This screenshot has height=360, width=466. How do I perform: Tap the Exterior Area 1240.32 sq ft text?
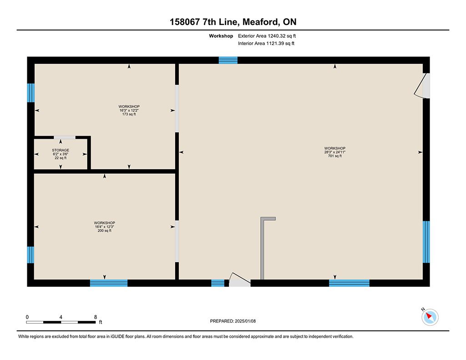tap(267, 36)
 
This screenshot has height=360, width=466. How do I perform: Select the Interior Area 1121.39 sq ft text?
tap(266, 43)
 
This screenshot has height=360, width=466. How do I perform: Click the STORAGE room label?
tap(61, 150)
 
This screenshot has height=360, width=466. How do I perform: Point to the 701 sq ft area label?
tap(335, 156)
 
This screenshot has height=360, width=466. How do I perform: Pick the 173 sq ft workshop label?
tap(129, 114)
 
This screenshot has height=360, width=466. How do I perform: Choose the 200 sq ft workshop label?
tap(105, 230)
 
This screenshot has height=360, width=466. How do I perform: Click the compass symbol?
tap(430, 317)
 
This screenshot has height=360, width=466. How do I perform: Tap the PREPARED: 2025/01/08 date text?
tap(233, 321)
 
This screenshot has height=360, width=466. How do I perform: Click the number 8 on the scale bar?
tap(96, 317)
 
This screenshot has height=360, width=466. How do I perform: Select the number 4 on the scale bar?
tap(61, 317)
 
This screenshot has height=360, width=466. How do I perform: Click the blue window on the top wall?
tap(228, 60)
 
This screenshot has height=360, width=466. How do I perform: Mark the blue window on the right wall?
tap(426, 242)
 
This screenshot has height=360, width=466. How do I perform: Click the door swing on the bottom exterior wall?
tap(239, 279)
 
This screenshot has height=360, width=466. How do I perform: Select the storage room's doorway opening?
tap(65, 137)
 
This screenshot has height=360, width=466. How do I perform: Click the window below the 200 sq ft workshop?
tap(109, 283)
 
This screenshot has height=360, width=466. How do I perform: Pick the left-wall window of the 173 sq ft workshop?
tap(31, 93)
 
